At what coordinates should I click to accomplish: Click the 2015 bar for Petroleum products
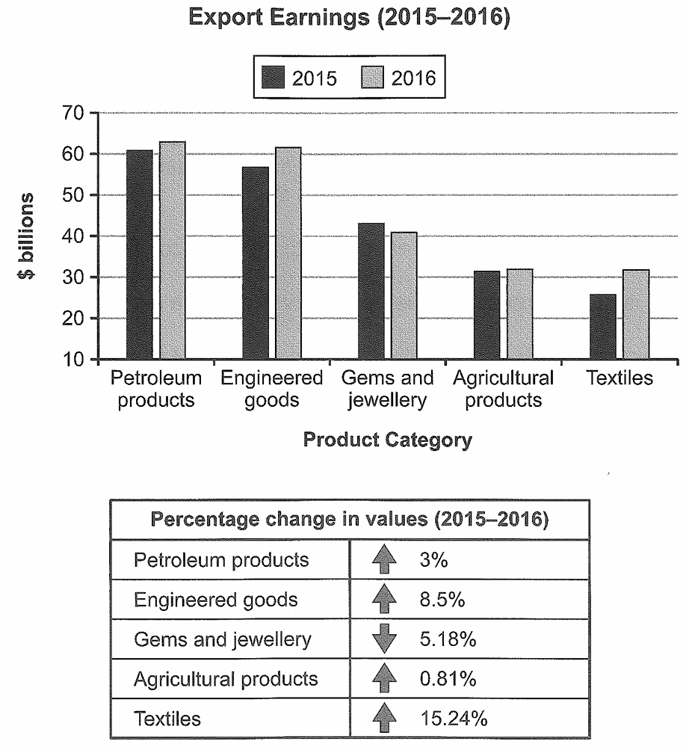140,254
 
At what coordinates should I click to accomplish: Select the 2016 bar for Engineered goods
288,253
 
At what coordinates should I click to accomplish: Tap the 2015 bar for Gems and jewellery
371,291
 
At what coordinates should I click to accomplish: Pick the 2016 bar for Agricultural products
520,313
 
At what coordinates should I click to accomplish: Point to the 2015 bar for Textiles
603,326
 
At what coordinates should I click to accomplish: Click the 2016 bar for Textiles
636,314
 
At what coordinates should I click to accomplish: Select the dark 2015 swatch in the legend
274,77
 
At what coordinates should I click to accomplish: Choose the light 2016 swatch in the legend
372,77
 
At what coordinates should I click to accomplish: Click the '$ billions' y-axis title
25,236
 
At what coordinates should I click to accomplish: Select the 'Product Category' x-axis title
388,439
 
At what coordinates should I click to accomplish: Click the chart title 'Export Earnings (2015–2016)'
349,17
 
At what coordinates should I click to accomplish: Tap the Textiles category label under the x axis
620,378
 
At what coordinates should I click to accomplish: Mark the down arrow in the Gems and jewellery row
384,639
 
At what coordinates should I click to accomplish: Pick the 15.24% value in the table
454,719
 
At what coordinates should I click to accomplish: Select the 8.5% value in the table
442,599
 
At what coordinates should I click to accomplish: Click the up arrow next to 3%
384,559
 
